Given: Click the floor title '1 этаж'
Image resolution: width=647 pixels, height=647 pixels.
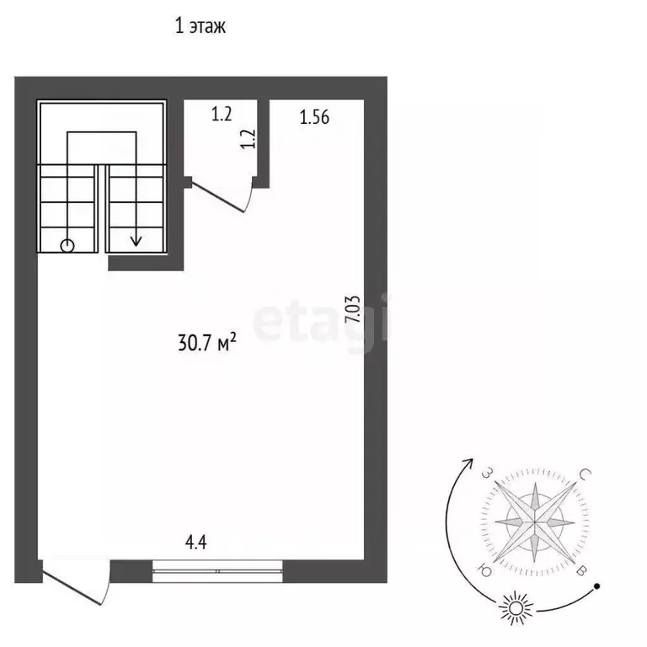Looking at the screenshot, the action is point(201,26).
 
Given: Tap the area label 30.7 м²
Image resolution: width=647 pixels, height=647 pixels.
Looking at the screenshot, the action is point(207,342).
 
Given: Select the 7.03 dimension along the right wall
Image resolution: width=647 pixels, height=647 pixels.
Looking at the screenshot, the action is point(353,309).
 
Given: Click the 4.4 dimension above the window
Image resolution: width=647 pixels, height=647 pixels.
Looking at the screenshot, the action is point(196,543).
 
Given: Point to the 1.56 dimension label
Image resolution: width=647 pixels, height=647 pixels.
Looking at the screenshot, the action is point(314,118).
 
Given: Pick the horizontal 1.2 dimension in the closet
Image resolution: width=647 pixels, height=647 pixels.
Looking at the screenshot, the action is point(222,115).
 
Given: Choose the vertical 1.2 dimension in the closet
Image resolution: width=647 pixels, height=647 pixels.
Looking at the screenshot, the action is point(249,139).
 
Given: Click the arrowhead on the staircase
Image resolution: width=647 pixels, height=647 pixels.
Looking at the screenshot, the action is point(136,241).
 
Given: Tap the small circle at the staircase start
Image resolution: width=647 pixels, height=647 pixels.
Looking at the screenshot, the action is point(67,246).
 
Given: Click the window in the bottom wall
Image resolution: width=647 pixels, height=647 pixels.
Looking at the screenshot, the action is point(217,571).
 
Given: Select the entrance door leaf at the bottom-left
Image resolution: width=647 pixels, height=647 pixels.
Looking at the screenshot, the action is point(72,587).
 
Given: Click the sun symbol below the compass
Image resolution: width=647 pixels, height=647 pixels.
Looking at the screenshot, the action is point(516,608).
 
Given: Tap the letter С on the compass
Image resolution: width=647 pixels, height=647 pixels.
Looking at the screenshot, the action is point(586,473).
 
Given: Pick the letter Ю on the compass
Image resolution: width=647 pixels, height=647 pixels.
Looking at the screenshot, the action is point(484,570).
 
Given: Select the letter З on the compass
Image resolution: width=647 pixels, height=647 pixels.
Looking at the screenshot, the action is point(488,473).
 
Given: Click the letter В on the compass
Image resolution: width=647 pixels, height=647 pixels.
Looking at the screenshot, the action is point(581,571).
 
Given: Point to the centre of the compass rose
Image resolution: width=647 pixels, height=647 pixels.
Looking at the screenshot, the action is point(535,522).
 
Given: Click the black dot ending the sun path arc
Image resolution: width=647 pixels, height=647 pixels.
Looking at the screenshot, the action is point(596,586).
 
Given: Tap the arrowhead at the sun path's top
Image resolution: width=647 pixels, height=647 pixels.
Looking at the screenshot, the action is point(469,463).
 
